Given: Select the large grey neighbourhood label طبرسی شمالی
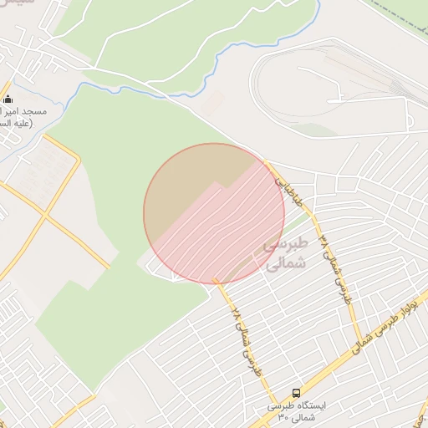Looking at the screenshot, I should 286,252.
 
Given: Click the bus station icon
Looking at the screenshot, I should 296,392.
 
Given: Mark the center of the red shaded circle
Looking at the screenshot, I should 214,213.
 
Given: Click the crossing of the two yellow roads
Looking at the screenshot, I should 45,217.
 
